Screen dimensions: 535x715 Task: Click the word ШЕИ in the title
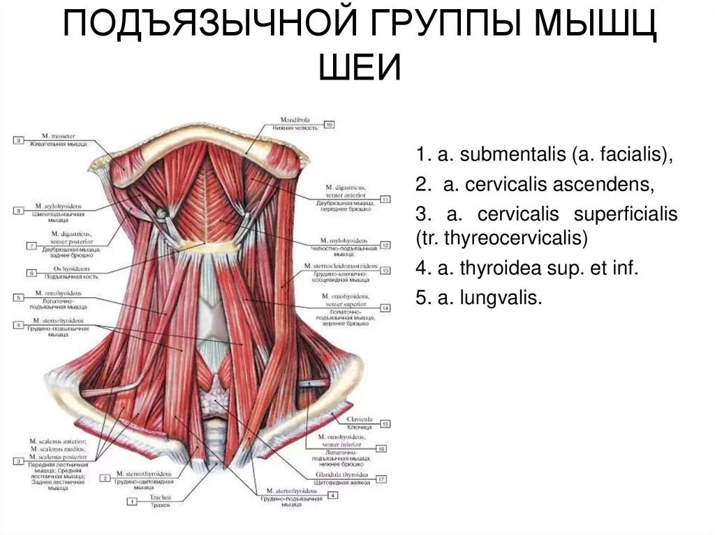point(360,68)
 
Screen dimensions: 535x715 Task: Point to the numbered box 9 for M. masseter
point(18,140)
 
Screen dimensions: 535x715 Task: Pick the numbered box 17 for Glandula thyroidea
point(381,479)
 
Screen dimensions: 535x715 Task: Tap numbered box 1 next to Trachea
point(131,501)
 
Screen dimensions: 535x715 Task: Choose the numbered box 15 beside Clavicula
point(385,423)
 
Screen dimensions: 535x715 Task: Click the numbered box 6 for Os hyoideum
point(32,273)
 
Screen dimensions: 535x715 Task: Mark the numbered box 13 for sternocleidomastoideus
point(385,270)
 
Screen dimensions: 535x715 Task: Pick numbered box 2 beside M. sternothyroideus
point(105,479)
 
